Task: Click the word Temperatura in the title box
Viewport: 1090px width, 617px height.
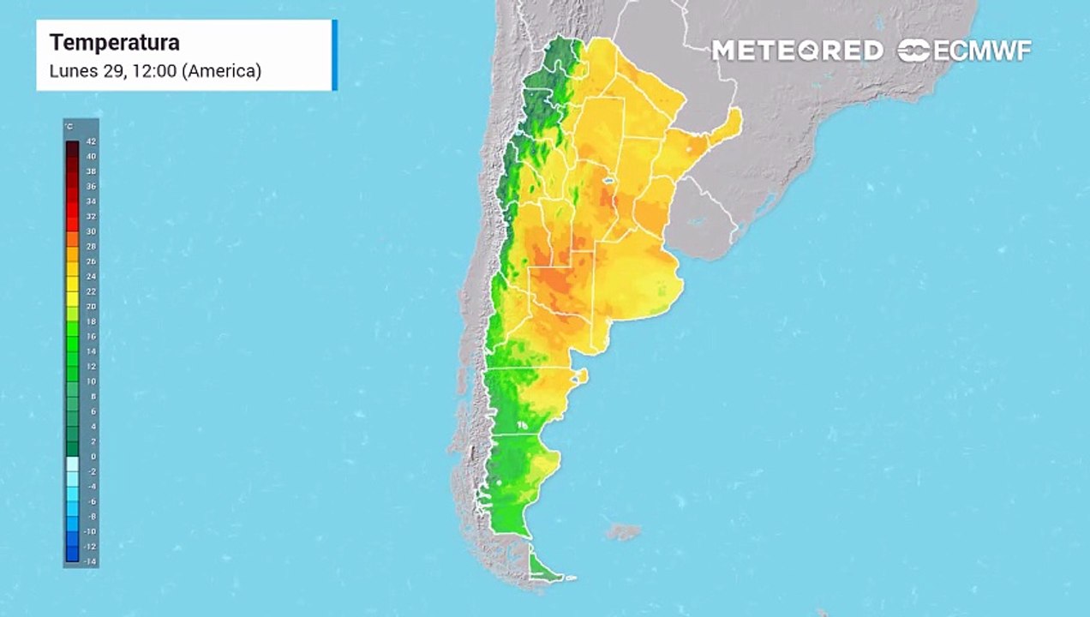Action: (x=114, y=43)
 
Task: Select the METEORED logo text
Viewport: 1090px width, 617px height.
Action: (x=797, y=51)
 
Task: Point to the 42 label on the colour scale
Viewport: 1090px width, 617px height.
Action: (x=91, y=141)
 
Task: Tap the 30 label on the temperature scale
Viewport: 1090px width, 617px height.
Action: (x=91, y=231)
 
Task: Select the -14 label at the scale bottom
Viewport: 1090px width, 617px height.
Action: (x=90, y=561)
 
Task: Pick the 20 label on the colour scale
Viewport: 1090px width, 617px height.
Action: (x=91, y=306)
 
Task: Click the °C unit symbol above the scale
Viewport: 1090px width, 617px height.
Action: (x=69, y=127)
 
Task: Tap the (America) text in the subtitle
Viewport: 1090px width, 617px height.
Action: (x=221, y=71)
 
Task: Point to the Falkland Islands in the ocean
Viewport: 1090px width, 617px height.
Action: (x=623, y=532)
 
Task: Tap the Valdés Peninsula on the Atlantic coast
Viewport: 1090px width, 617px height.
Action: (x=582, y=375)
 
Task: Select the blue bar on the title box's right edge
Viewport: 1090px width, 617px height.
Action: (x=334, y=55)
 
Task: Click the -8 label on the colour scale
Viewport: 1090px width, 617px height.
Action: (x=91, y=517)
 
